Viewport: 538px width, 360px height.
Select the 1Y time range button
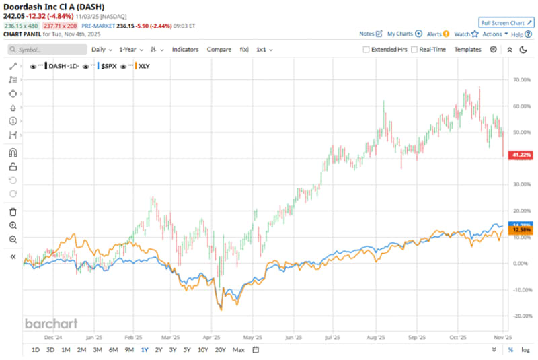(145, 350)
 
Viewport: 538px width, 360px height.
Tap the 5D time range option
(50, 350)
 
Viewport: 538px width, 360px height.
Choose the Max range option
(238, 350)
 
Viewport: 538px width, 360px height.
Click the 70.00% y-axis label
(522, 79)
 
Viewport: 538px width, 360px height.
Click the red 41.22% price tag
(521, 155)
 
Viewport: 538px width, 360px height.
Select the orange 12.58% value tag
(521, 230)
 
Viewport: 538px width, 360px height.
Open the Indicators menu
(185, 50)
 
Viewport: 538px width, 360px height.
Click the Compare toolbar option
(219, 50)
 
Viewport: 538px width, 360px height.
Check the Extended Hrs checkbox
(367, 50)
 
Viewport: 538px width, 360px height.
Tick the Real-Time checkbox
(415, 50)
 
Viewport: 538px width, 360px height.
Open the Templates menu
(467, 50)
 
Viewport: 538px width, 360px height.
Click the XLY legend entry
(145, 67)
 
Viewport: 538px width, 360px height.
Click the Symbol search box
(47, 50)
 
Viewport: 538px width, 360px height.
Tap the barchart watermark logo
(51, 324)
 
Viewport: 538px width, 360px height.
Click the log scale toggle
(525, 350)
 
